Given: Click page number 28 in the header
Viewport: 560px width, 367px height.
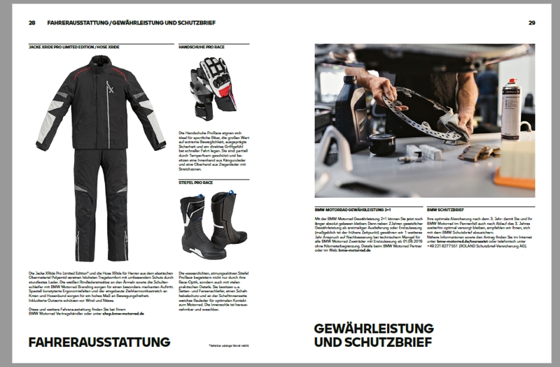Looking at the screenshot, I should point(32,22).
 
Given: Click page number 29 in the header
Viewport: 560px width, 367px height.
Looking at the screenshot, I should point(531,22).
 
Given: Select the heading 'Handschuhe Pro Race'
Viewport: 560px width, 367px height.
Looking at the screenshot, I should point(202,46).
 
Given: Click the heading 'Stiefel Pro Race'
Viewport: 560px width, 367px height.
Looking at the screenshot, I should point(197,182).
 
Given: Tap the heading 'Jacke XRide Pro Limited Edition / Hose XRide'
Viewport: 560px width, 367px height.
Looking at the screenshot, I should point(74,46).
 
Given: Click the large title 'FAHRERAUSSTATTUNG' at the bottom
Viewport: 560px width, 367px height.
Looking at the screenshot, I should point(99,343).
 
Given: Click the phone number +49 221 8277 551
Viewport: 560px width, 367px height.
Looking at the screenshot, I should point(446,245).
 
